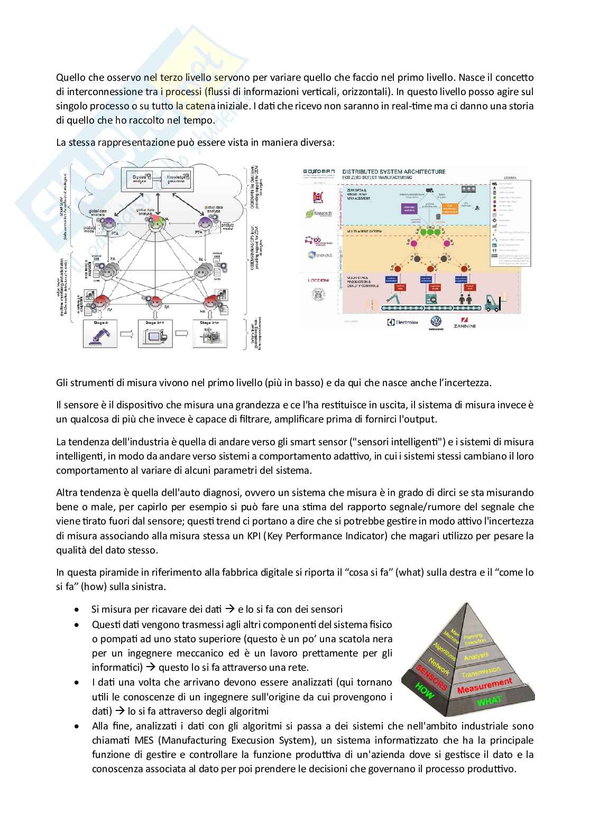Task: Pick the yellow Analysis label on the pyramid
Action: (x=476, y=657)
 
